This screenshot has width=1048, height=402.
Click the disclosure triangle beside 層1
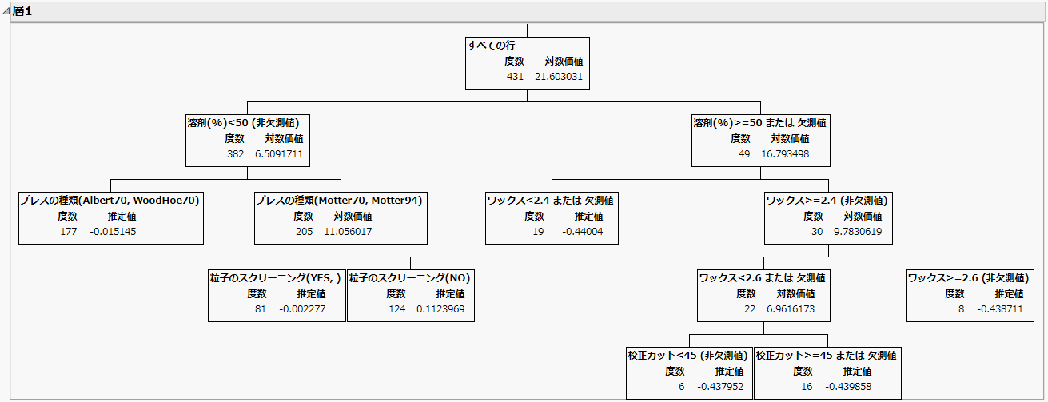click(x=6, y=11)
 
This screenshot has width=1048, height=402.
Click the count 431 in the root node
click(x=515, y=76)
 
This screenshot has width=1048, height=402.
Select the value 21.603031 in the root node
click(x=559, y=76)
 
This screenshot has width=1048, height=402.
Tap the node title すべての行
click(x=492, y=46)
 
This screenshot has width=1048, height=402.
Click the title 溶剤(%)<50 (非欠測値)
click(x=243, y=123)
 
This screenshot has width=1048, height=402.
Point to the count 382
click(x=235, y=154)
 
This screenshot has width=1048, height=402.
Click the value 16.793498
click(x=785, y=154)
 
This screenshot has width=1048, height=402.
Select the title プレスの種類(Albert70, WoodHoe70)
click(x=110, y=201)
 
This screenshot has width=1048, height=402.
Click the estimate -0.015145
click(x=114, y=232)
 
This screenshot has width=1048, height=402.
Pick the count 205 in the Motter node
click(x=304, y=232)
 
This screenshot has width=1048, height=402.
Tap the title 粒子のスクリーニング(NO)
click(x=409, y=278)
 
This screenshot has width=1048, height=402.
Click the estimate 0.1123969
click(x=440, y=309)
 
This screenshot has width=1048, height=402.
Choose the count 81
click(x=261, y=309)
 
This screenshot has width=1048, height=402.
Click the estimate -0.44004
click(x=583, y=232)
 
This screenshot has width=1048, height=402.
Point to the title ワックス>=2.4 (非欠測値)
click(x=827, y=201)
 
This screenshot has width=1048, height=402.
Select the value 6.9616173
click(x=791, y=309)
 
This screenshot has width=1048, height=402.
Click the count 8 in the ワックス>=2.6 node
click(x=961, y=309)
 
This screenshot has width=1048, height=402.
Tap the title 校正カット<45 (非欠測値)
click(x=687, y=356)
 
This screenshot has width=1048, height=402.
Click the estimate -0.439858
click(x=848, y=387)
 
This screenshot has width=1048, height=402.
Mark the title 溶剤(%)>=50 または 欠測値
click(x=759, y=123)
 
